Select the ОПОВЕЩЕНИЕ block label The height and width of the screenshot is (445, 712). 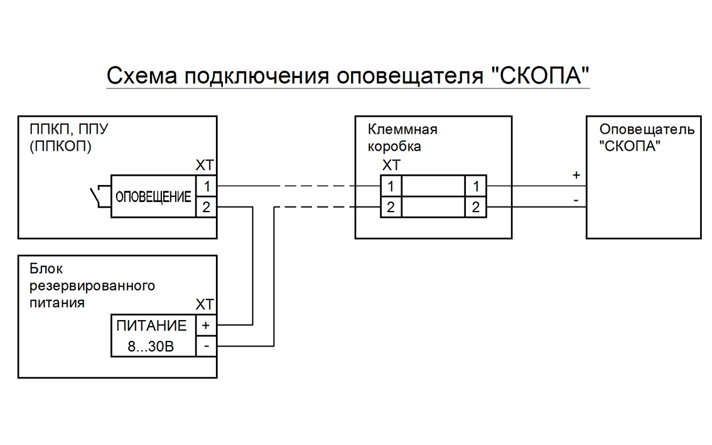153,197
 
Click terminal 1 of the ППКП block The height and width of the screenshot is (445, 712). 207,186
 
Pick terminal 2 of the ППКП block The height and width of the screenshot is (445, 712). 207,207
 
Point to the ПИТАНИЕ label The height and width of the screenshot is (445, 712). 151,326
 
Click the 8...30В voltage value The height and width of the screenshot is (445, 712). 151,346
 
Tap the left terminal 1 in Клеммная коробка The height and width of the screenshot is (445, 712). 391,186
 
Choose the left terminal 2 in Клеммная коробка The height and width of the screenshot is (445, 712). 391,207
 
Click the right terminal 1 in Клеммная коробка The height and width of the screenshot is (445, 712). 475,186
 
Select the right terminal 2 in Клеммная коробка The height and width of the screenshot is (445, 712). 475,207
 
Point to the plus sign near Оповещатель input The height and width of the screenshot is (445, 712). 576,176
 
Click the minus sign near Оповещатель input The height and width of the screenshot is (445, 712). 576,201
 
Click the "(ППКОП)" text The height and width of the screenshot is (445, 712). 60,147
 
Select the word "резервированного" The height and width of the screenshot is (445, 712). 92,286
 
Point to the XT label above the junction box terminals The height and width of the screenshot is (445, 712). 391,166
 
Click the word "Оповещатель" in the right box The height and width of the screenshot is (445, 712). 647,130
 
